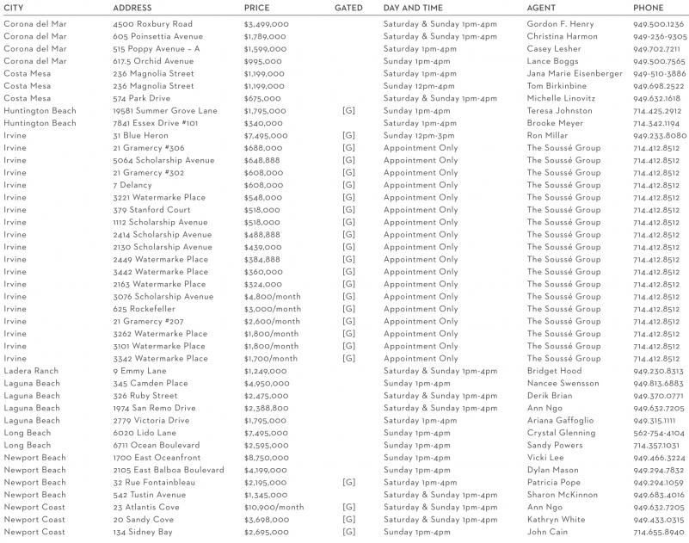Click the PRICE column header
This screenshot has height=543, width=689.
tap(256, 8)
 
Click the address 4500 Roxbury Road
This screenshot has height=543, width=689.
tap(153, 24)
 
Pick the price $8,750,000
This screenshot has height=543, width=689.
tap(266, 458)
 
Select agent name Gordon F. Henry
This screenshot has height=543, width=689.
tap(560, 24)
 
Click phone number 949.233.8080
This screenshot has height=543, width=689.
tap(660, 136)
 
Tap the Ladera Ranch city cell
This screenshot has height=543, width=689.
tap(31, 371)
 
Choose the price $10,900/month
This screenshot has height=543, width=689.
tap(274, 508)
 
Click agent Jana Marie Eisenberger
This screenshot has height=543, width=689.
tap(575, 74)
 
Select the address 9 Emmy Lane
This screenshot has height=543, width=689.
tap(139, 371)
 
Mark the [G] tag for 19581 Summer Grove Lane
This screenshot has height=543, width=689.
tap(348, 111)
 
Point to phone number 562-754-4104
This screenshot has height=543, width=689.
tap(659, 433)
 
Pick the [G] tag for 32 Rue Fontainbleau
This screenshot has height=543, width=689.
tap(348, 483)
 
